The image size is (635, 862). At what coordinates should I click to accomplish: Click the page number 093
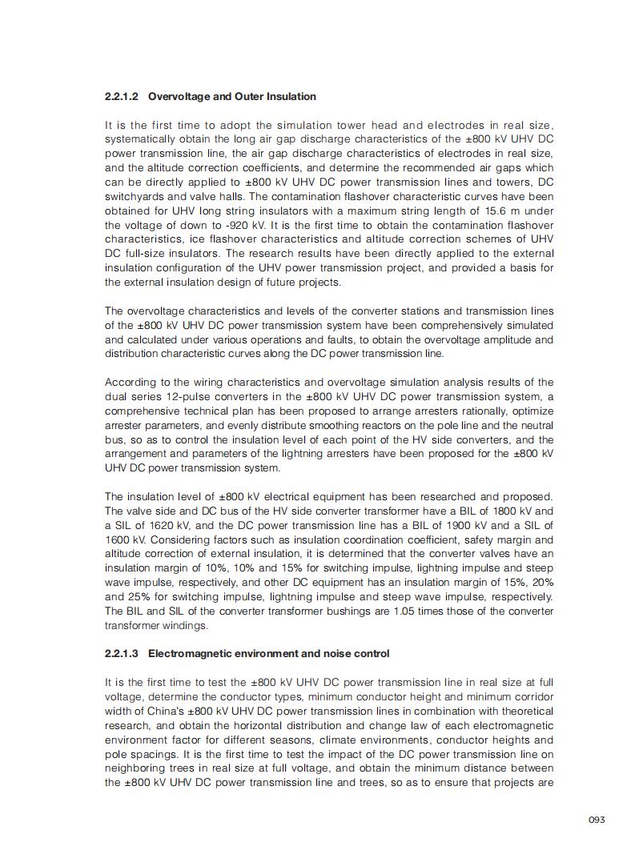click(x=596, y=820)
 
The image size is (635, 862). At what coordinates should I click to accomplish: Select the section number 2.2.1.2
click(x=122, y=97)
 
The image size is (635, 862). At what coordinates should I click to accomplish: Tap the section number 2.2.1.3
click(x=122, y=654)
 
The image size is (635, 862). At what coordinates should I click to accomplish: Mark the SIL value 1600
click(x=118, y=539)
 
